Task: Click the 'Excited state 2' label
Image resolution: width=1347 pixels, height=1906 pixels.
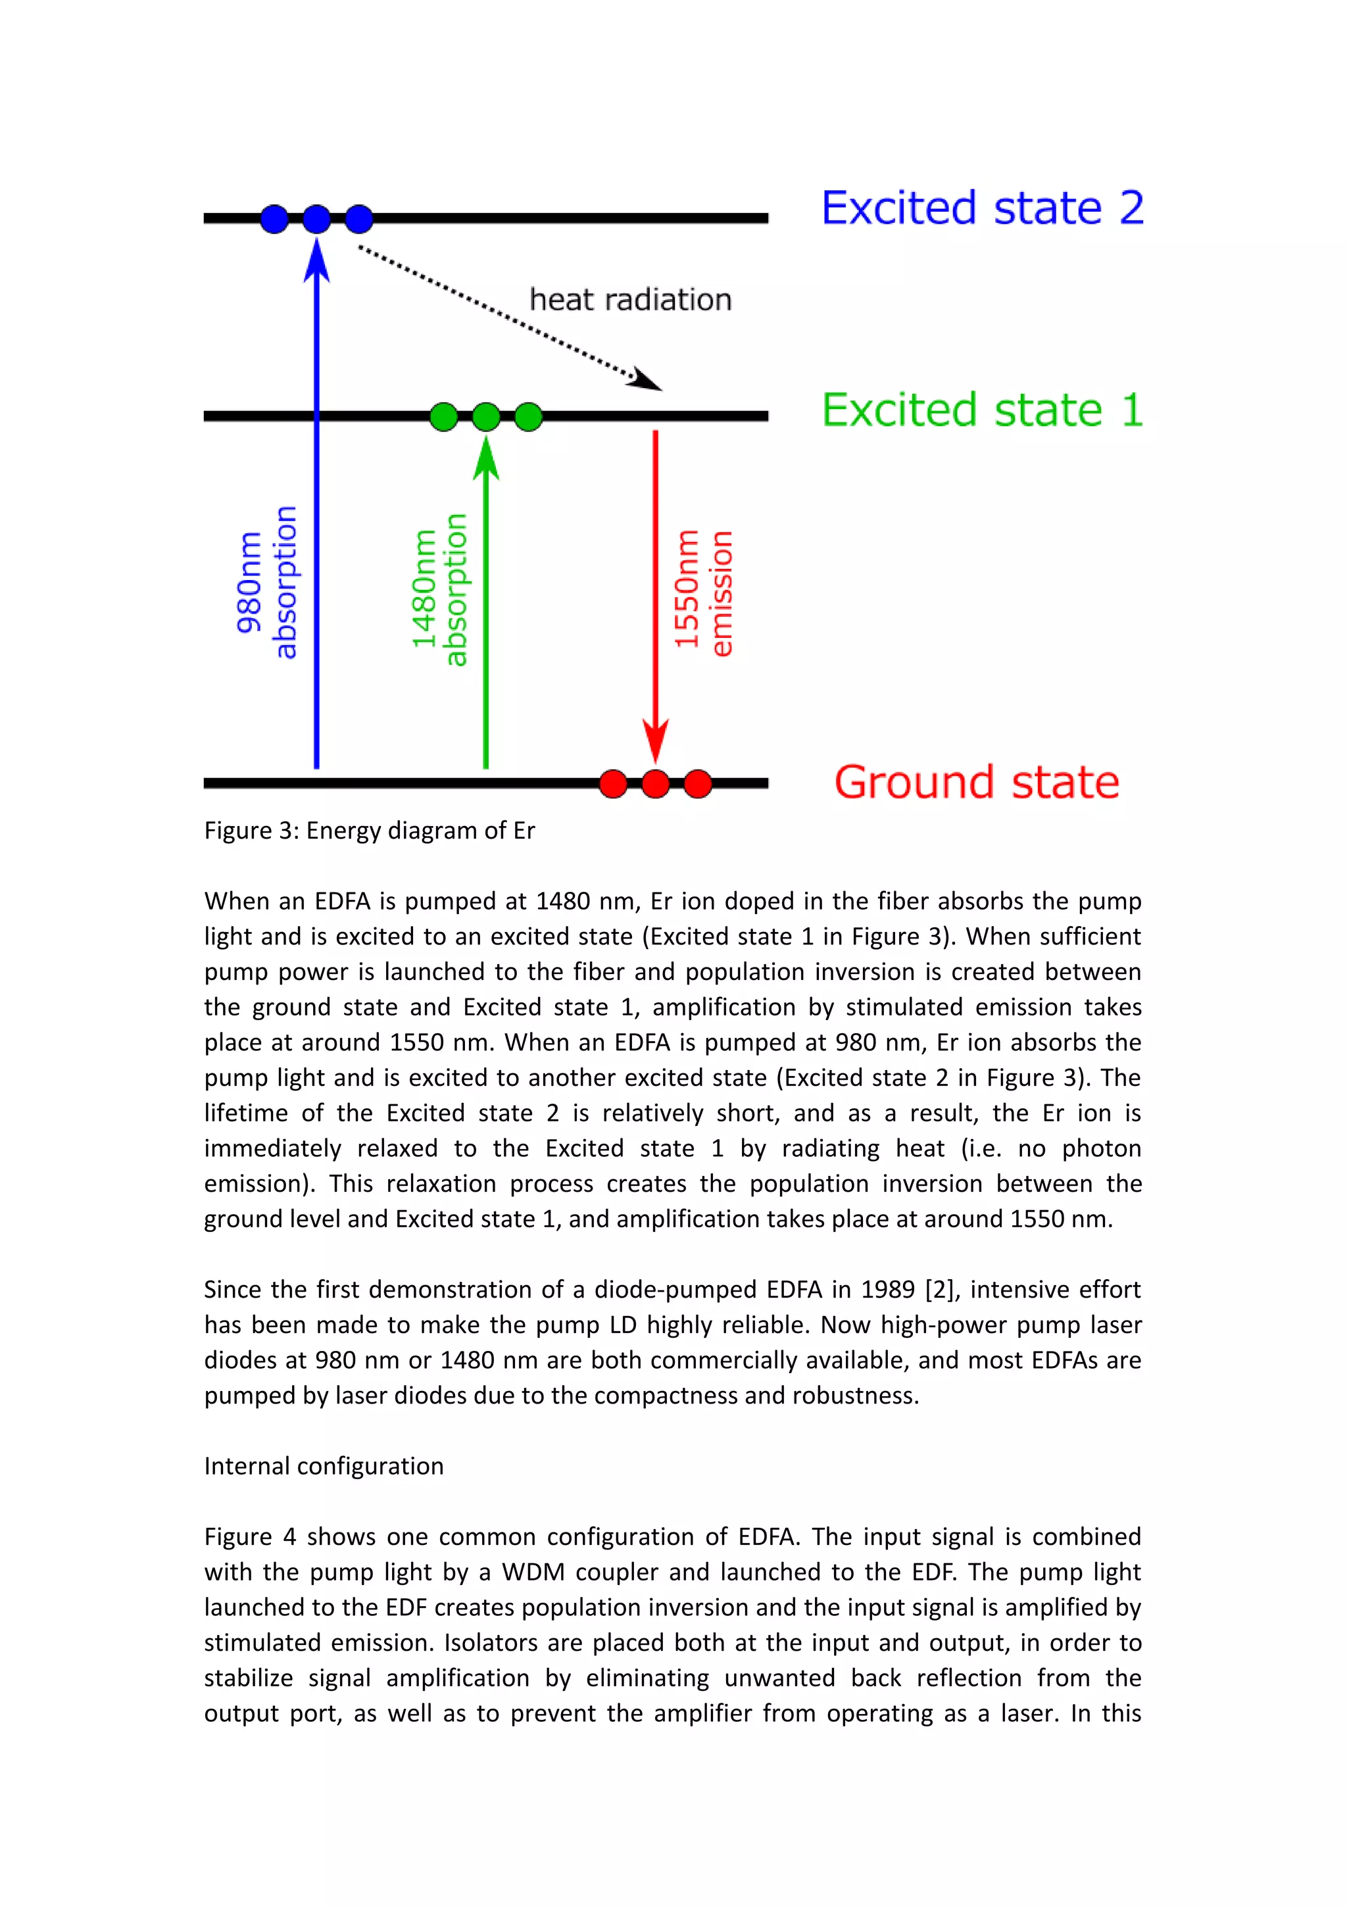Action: click(982, 208)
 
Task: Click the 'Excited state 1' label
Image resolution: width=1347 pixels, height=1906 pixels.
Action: click(982, 410)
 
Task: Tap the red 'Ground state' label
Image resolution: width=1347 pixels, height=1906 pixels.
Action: click(976, 782)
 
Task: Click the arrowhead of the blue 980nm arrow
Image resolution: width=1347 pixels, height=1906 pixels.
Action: click(316, 260)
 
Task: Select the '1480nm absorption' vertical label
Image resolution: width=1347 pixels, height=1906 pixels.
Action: click(440, 589)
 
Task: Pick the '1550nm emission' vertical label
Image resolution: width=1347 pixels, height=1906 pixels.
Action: click(703, 591)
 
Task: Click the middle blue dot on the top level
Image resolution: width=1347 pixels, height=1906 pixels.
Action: click(316, 219)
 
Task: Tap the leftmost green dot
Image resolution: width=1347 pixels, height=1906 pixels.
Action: click(444, 416)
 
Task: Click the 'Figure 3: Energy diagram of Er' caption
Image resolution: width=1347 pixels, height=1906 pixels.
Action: click(370, 830)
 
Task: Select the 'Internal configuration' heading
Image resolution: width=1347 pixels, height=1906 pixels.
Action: click(324, 1465)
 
